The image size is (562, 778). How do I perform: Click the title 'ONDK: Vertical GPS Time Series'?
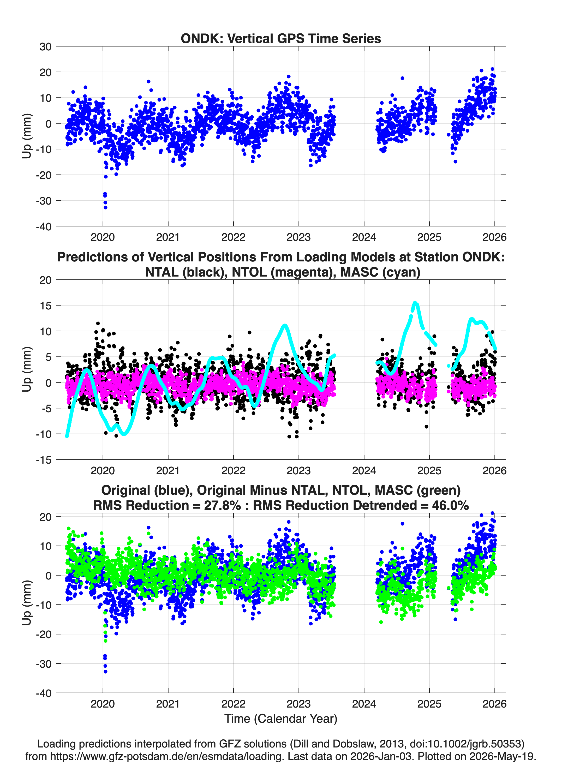coord(281,38)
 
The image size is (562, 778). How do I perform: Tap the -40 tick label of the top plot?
coord(44,226)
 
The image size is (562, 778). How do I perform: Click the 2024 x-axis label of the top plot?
coord(364,237)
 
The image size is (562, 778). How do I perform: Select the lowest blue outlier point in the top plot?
coord(105,207)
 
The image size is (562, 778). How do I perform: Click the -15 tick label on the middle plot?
coord(44,460)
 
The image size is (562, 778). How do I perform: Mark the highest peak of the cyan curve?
coord(415,303)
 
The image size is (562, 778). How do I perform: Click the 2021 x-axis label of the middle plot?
coord(168,470)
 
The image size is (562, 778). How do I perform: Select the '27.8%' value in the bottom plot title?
coord(222,505)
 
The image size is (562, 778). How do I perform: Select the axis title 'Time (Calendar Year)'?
coord(281,719)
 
